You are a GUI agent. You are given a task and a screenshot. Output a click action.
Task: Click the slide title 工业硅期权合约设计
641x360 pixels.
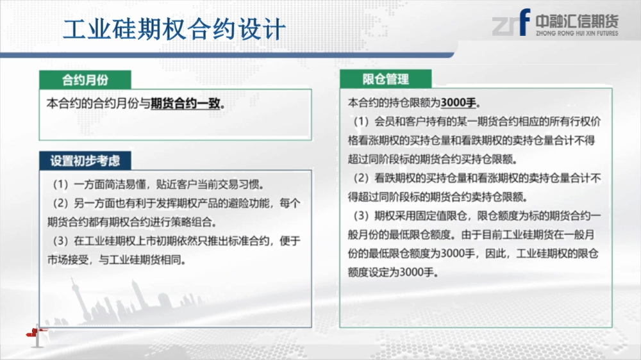coord(174,29)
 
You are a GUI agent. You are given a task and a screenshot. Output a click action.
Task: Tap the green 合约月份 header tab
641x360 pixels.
coord(85,79)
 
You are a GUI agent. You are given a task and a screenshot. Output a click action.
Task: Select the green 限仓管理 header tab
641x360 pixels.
coord(385,79)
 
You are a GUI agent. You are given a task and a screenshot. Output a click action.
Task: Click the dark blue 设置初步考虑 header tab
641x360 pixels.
coord(85,161)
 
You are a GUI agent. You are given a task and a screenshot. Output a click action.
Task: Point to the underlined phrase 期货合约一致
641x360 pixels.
coord(186,104)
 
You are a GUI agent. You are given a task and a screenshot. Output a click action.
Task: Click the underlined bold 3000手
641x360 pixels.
coord(458,102)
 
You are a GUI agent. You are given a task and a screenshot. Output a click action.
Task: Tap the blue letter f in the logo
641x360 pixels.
coord(524,22)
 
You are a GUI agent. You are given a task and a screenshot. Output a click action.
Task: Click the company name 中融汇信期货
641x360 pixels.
coord(578,21)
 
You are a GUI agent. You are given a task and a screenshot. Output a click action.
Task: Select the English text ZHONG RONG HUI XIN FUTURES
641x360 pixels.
coord(578,33)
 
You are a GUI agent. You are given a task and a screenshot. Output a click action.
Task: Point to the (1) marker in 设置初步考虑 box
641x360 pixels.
coord(60,184)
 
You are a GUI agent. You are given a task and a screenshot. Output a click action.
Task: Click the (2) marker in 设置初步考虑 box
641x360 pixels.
coord(60,203)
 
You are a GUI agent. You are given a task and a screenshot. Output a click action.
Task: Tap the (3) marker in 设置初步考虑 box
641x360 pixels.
coord(60,241)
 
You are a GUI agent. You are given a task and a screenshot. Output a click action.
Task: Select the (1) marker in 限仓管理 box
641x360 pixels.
coord(362,121)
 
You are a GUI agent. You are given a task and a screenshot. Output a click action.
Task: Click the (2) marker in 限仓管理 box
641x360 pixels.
coord(362,177)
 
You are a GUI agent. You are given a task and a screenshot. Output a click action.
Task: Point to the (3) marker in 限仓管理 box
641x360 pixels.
coord(362,215)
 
